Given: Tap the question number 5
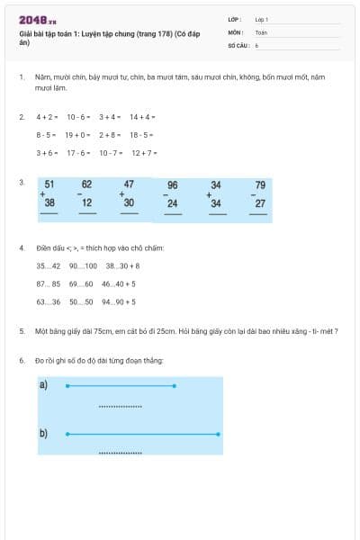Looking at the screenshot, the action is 22,331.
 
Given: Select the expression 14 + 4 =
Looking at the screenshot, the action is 142,117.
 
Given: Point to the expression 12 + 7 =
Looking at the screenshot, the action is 144,153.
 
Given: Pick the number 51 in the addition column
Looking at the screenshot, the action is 49,184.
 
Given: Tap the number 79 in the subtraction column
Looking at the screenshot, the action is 260,185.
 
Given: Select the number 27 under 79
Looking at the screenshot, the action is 260,203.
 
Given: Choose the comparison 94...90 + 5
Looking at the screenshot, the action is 119,302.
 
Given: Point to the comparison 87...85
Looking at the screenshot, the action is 49,284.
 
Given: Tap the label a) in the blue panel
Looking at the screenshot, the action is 43,385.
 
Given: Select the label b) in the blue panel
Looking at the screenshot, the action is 43,433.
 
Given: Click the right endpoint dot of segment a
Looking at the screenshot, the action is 174,386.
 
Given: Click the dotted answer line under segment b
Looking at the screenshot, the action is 120,453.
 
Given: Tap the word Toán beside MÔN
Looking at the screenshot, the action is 261,31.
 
